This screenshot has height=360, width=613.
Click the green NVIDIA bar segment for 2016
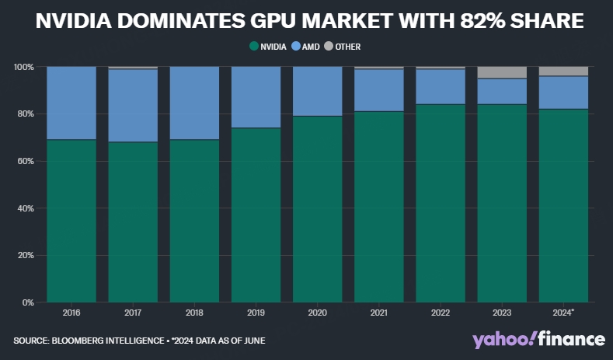pyautogui.click(x=71, y=221)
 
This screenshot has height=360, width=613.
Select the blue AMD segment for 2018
pyautogui.click(x=194, y=103)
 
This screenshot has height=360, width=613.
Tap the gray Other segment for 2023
pyautogui.click(x=502, y=72)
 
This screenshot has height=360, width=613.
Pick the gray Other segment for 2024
pyautogui.click(x=563, y=71)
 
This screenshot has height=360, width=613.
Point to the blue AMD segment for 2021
pyautogui.click(x=379, y=90)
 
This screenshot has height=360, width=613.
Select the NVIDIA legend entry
pyautogui.click(x=270, y=47)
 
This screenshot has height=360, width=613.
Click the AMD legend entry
pyautogui.click(x=308, y=47)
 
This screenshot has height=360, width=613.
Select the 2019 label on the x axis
pyautogui.click(x=256, y=313)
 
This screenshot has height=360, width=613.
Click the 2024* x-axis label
pyautogui.click(x=564, y=313)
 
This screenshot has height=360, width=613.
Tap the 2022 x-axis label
pyautogui.click(x=441, y=313)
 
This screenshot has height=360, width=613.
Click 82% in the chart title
pyautogui.click(x=474, y=22)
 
